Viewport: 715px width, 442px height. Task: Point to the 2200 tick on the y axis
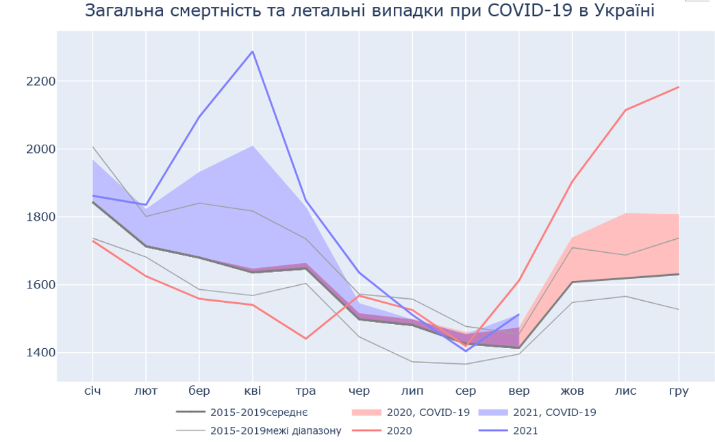40,82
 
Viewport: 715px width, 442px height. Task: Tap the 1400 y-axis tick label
40,353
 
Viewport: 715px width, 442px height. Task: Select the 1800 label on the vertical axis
40,217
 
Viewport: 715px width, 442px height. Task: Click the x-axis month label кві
253,391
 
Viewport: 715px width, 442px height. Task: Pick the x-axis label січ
93,391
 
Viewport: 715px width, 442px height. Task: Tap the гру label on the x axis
678,391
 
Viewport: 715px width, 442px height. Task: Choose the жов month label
572,391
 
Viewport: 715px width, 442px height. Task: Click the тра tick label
305,391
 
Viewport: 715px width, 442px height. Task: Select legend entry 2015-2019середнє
259,413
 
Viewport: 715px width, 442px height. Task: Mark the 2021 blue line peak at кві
253,51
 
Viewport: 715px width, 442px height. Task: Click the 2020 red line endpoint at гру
678,87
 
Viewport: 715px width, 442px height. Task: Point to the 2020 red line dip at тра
305,339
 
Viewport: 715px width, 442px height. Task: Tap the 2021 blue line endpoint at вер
518,315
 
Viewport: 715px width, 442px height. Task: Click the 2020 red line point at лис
625,110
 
